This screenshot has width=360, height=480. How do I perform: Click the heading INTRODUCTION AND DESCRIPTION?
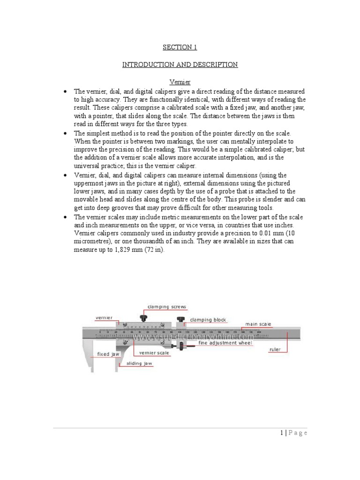180,65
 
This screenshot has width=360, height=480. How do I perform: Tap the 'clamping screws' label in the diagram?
167,307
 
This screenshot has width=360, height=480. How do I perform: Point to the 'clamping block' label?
208,320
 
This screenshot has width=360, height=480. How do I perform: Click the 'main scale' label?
258,324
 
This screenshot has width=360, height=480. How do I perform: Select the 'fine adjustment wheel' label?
225,343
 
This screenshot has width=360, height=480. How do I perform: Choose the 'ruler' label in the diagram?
275,350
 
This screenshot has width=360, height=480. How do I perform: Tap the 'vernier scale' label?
150,352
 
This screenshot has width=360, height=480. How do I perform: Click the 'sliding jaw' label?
139,364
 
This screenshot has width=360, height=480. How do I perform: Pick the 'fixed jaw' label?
108,354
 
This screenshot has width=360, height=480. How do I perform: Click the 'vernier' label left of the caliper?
104,318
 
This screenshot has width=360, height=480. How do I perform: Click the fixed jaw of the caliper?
89,352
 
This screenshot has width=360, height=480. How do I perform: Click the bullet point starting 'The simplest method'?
66,134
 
